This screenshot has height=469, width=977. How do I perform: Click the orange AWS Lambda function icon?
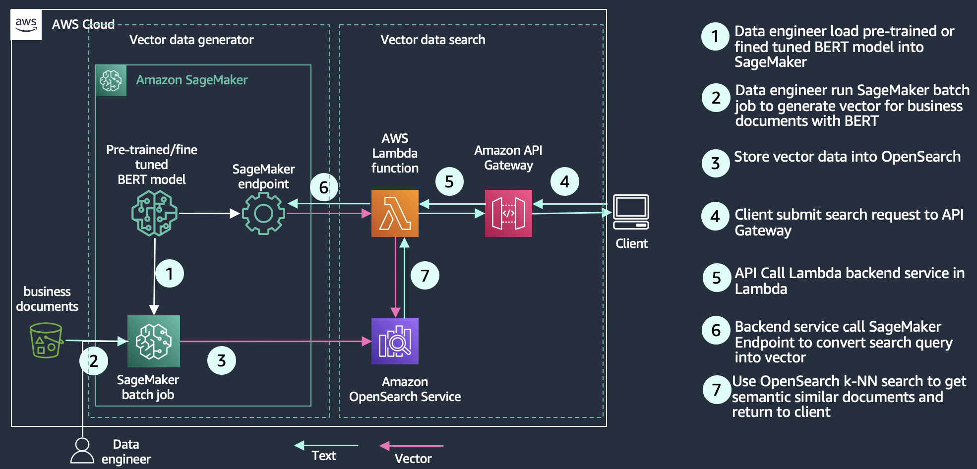tap(395, 213)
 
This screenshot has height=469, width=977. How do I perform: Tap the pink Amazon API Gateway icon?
tap(508, 213)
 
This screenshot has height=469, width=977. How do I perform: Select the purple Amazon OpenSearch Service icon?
tap(395, 341)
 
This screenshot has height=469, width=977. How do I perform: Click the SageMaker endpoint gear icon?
tap(263, 214)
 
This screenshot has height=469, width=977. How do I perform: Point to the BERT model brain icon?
tap(154, 213)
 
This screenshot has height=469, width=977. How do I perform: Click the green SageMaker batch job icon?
tap(154, 341)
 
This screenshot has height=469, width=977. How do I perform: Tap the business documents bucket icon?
tap(46, 340)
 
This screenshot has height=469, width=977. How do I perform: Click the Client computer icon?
tap(631, 212)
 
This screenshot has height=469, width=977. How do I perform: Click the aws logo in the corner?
tap(26, 24)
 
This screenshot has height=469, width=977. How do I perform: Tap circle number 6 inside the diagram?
tap(324, 187)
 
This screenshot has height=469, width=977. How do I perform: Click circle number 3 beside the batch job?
tap(221, 360)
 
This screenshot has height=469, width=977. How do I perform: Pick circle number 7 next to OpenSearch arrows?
tap(425, 276)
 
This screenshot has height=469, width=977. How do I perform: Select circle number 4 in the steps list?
tap(715, 216)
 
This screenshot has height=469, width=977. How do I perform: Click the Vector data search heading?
tap(432, 40)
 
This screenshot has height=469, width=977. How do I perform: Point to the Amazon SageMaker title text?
tap(191, 80)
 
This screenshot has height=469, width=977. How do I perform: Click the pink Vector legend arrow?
tap(412, 446)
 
